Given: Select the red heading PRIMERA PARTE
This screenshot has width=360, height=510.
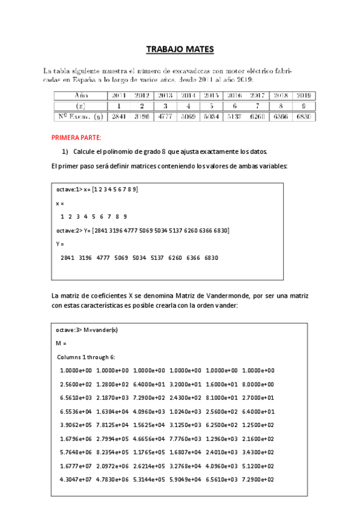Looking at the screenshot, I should point(76,138).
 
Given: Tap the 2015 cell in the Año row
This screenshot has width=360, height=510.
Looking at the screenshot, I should point(211,95).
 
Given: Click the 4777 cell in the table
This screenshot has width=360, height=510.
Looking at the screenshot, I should point(165,117).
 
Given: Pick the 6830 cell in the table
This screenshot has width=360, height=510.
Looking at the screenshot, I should point(304,117).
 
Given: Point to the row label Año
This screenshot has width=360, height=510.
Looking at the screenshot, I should point(80,95).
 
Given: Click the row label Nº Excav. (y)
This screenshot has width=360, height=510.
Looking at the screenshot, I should point(80,117).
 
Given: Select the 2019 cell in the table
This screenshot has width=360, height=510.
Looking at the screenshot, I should point(304,95).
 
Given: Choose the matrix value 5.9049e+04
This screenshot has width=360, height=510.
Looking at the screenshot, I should point(186,479).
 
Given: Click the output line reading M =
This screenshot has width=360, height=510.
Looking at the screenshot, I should point(60,343).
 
